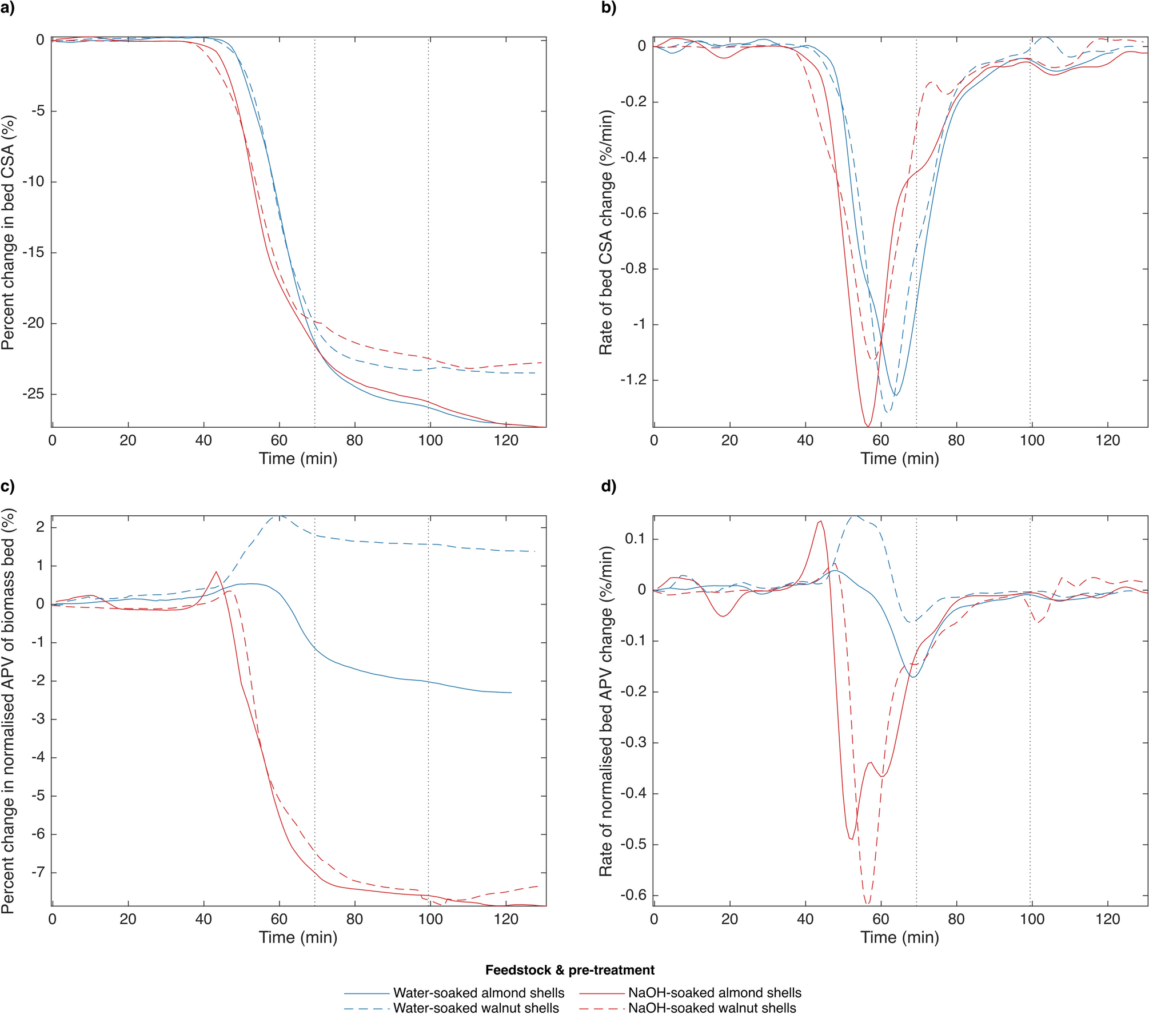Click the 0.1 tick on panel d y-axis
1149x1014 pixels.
[636, 539]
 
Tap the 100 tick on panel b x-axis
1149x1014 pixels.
[1032, 440]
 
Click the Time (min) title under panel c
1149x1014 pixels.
[298, 937]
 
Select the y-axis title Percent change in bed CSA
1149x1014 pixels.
[8, 233]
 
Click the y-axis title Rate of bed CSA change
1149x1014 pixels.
[606, 233]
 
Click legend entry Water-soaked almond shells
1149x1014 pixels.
[478, 993]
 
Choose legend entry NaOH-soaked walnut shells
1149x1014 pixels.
[712, 1008]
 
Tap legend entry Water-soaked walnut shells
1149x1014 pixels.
[476, 1008]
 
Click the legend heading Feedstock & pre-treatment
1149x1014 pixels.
[570, 970]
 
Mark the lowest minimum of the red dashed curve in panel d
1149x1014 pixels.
[867, 904]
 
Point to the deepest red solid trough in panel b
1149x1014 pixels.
[868, 426]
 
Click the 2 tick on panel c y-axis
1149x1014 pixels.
[40, 527]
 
